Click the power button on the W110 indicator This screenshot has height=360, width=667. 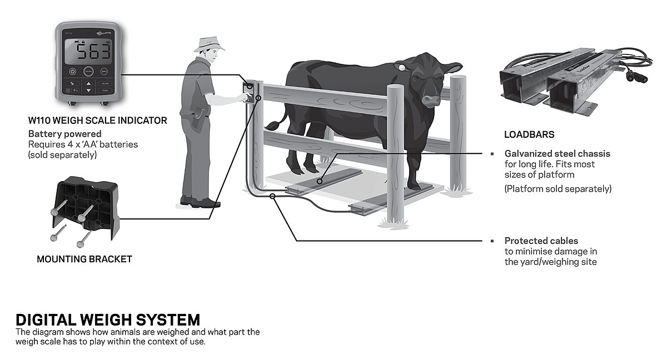73,72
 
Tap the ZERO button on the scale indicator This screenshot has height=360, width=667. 104,72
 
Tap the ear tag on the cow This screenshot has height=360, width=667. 399,68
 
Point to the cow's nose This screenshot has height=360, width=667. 431,101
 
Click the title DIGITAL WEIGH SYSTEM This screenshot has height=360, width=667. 108,320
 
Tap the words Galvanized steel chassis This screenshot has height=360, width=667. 557,153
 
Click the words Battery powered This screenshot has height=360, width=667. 64,134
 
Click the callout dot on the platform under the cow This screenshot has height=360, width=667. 320,181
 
